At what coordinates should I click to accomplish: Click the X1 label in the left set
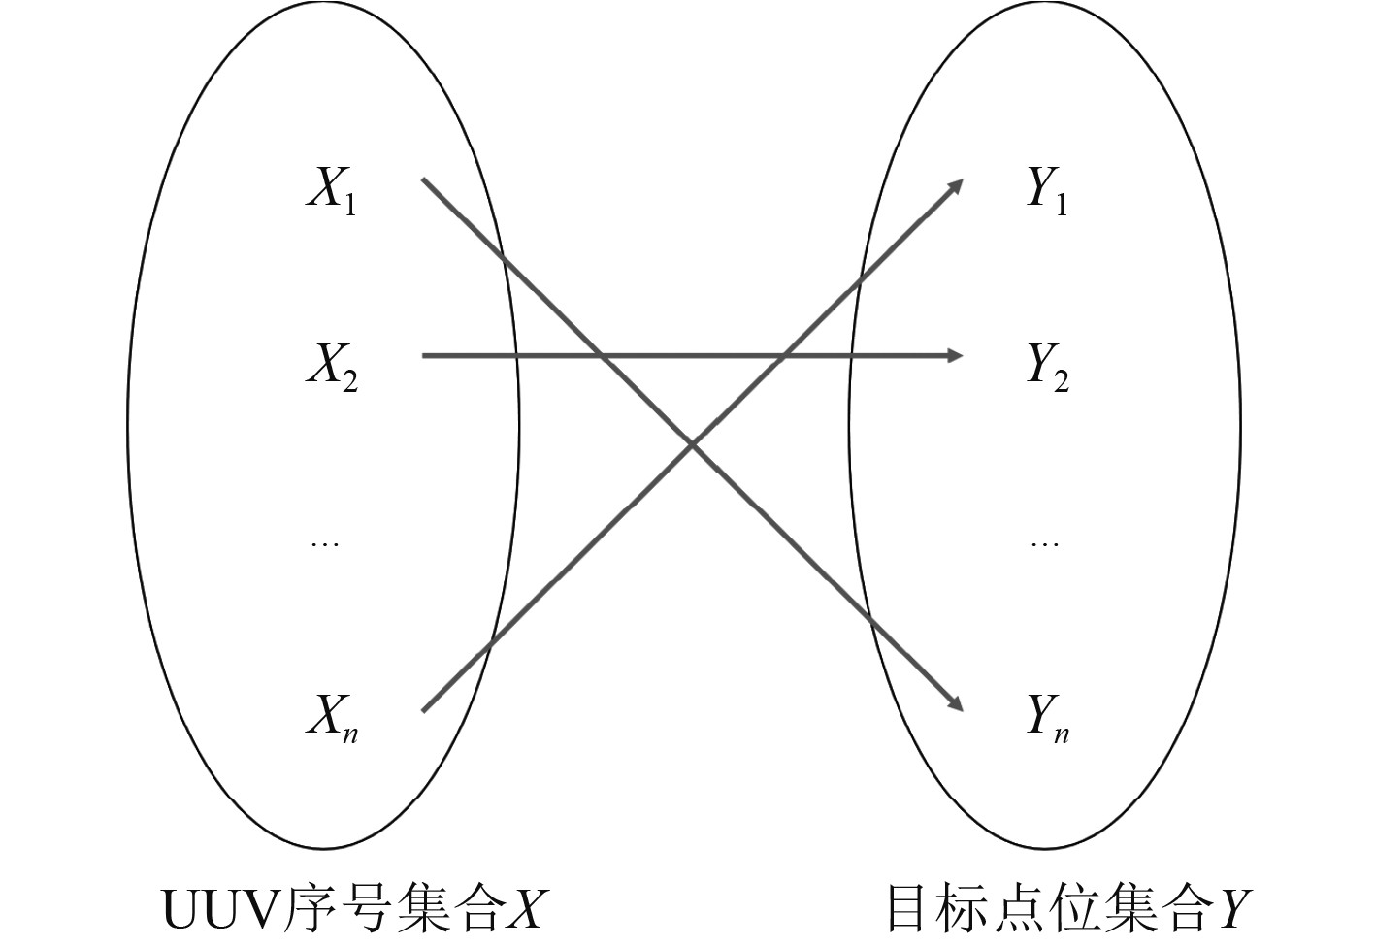pyautogui.click(x=331, y=191)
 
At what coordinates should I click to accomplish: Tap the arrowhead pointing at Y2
pyautogui.click(x=955, y=356)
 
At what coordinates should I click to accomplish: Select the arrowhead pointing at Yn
pyautogui.click(x=956, y=704)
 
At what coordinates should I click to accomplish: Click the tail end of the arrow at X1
pyautogui.click(x=424, y=180)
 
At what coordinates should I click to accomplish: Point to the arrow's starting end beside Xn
pyautogui.click(x=424, y=710)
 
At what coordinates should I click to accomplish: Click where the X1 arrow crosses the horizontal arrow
pyautogui.click(x=603, y=356)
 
